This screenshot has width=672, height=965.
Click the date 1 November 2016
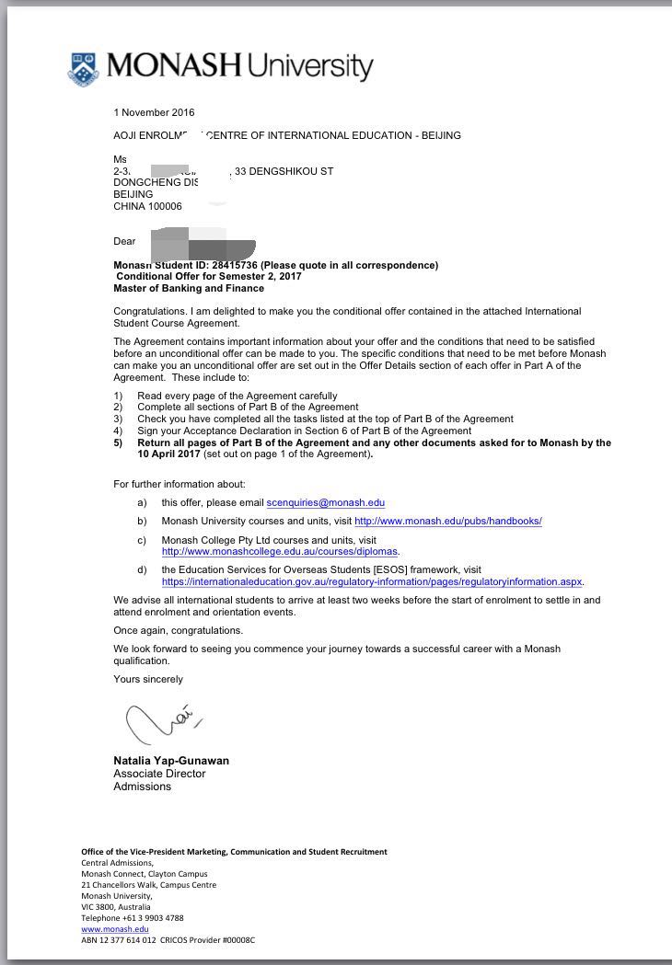(154, 113)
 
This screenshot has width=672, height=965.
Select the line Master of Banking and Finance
(188, 288)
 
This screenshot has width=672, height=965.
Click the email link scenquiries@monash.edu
(325, 502)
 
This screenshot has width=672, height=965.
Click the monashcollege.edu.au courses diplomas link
(279, 551)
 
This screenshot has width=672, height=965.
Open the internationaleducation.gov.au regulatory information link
(372, 581)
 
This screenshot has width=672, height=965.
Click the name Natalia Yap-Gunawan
(170, 761)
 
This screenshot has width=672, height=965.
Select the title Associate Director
(158, 774)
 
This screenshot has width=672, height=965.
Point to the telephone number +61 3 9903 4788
(149, 918)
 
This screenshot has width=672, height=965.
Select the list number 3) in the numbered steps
(118, 419)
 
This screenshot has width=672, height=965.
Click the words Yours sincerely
(147, 679)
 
